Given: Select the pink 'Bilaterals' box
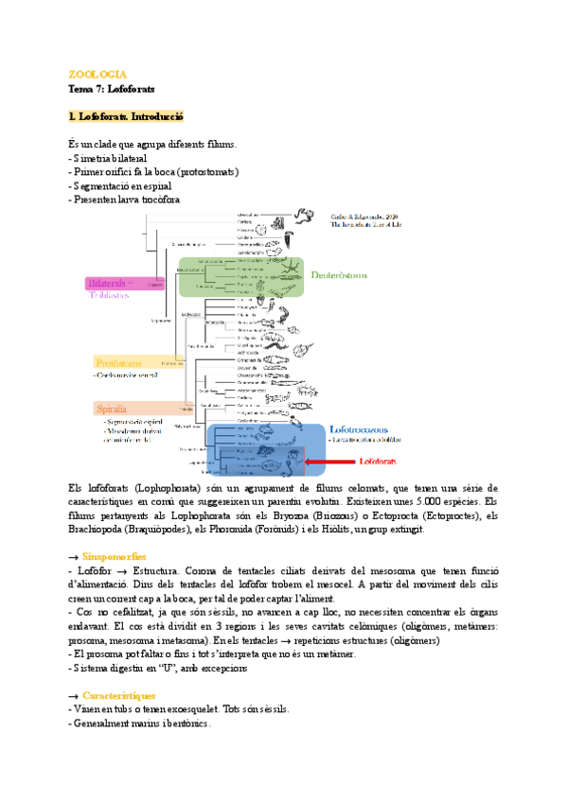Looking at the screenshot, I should click(x=112, y=283).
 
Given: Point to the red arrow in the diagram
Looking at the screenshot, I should click(x=321, y=462).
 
